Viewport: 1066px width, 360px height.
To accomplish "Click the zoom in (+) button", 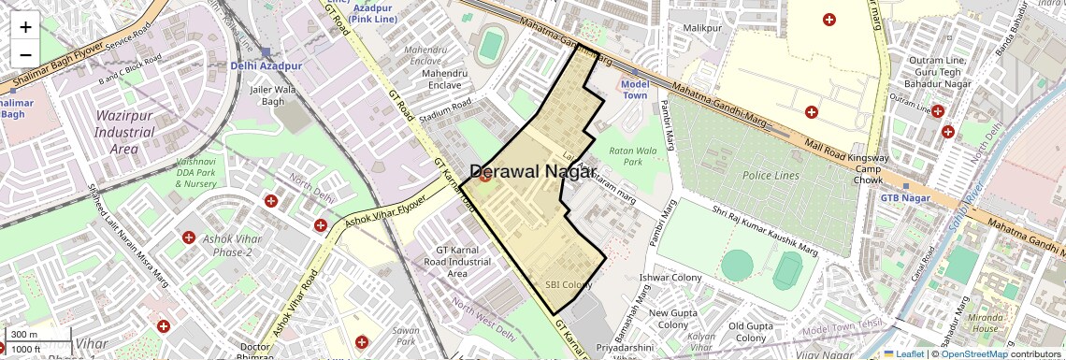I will (x=25, y=26).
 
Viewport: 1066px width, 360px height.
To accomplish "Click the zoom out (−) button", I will (x=25, y=54).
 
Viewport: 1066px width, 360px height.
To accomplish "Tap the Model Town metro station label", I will (x=634, y=90).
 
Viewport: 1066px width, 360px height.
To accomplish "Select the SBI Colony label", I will (x=569, y=284).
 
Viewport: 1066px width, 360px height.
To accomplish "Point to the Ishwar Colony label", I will (x=670, y=278).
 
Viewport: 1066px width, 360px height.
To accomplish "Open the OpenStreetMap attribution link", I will (x=974, y=353).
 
